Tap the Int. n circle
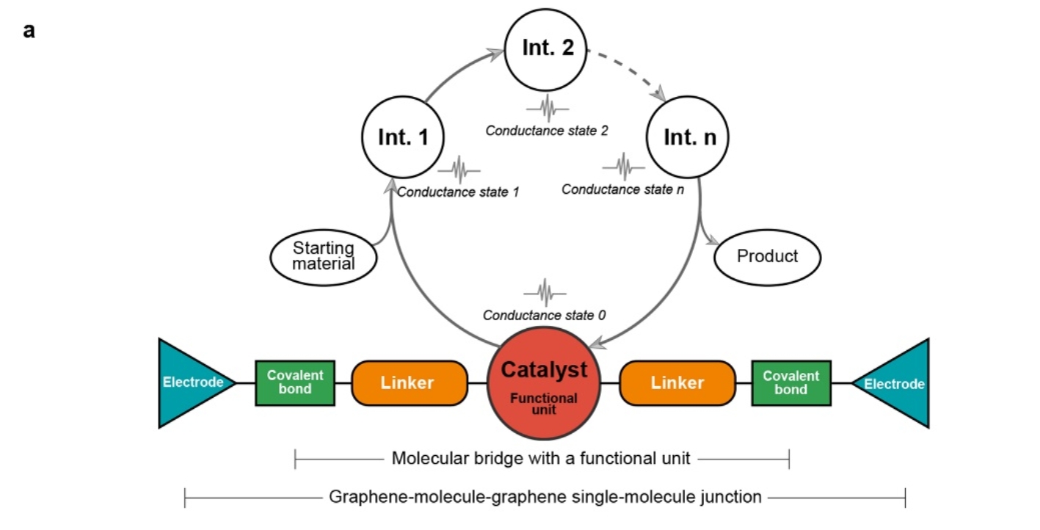(x=686, y=137)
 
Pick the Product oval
(x=767, y=256)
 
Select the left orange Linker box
(x=410, y=382)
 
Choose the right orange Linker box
(x=677, y=382)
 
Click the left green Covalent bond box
(x=295, y=382)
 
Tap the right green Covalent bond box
(x=790, y=382)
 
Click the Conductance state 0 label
(x=545, y=315)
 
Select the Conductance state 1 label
(x=458, y=192)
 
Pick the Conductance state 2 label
(x=547, y=131)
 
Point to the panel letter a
(x=29, y=32)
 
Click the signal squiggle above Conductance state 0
(x=545, y=291)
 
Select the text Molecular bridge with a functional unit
(x=541, y=459)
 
